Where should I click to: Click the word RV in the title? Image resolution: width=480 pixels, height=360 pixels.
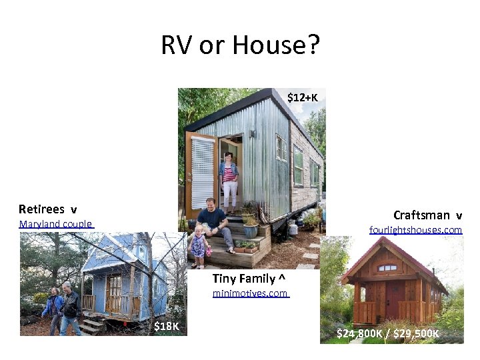pos(175,46)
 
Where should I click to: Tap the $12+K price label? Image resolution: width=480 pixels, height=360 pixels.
pos(302,98)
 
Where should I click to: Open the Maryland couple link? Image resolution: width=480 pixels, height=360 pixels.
pos(56,224)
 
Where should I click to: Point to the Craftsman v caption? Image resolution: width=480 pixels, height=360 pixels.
pos(427,215)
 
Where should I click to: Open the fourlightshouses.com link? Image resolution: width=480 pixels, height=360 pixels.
pos(415,230)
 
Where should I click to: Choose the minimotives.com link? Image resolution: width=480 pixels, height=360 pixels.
pos(250,293)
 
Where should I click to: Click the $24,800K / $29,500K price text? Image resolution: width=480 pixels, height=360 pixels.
pos(387,333)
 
